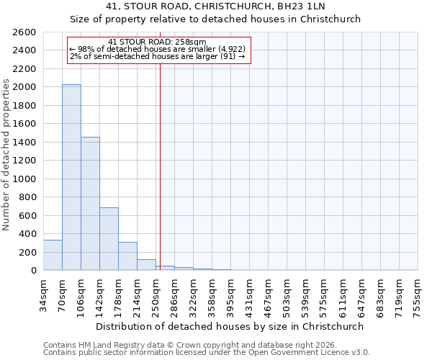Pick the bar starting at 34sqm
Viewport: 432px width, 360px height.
click(53, 255)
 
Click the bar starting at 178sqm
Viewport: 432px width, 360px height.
click(127, 256)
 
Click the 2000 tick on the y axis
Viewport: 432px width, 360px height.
click(26, 87)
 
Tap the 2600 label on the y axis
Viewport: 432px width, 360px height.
click(26, 32)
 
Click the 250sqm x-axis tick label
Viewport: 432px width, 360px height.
click(156, 294)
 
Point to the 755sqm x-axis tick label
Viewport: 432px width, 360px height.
click(418, 294)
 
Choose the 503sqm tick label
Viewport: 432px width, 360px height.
click(287, 294)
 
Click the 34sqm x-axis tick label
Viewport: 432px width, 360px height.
click(44, 294)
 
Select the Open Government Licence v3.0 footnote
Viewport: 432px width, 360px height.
click(207, 353)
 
